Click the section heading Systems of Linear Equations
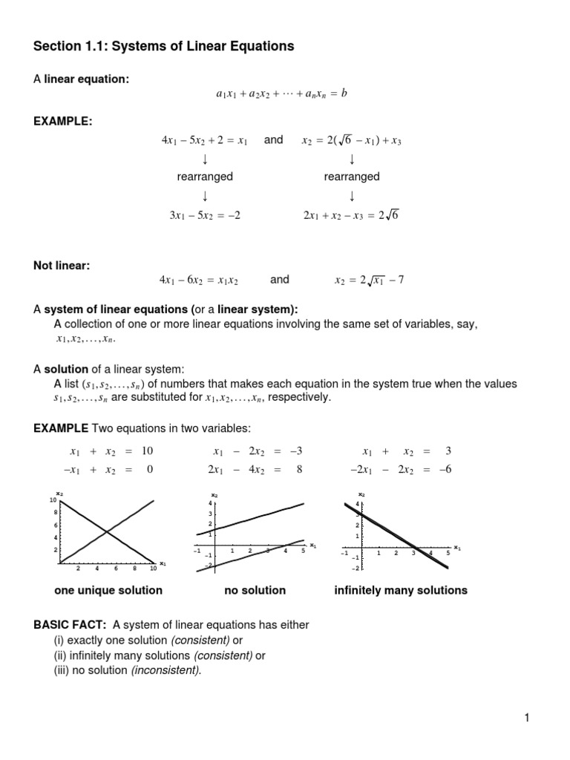(x=163, y=47)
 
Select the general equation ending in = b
(x=281, y=94)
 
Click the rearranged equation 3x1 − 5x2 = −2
(x=205, y=215)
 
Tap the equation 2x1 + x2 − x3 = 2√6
(x=351, y=215)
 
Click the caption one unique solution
(x=108, y=591)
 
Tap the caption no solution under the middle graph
(x=255, y=591)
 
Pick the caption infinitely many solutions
(x=401, y=591)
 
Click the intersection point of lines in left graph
(x=108, y=531)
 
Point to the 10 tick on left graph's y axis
(x=53, y=500)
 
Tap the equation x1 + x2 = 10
(x=111, y=451)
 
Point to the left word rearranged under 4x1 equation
(x=205, y=177)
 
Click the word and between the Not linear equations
(x=280, y=280)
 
